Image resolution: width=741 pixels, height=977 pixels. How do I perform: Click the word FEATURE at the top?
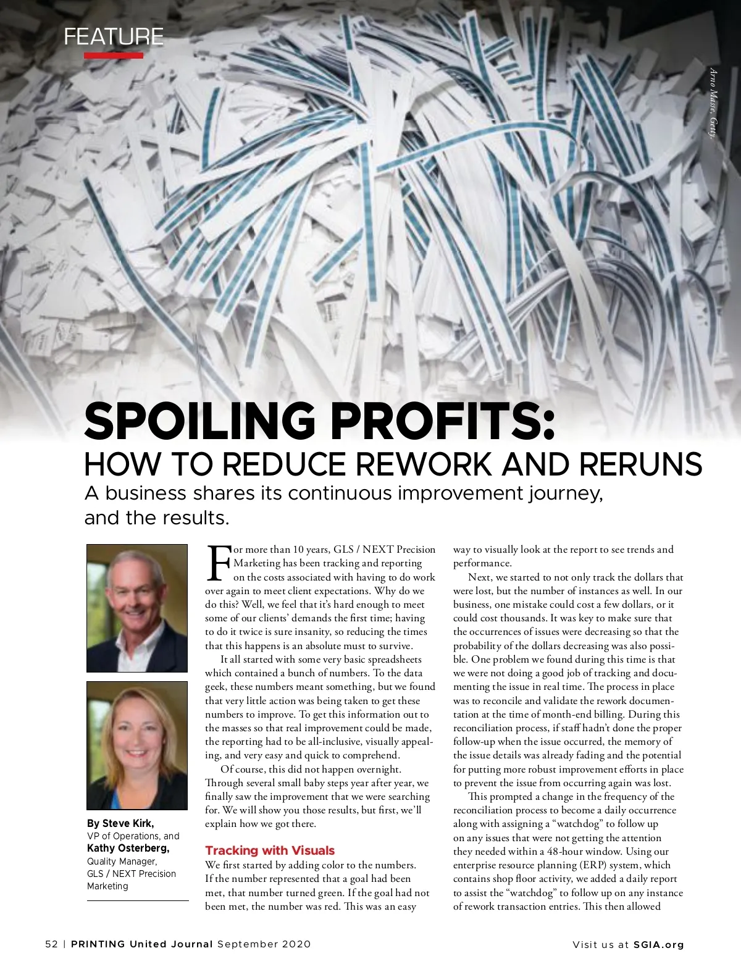pyautogui.click(x=114, y=37)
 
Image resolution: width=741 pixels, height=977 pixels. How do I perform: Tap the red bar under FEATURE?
pyautogui.click(x=114, y=56)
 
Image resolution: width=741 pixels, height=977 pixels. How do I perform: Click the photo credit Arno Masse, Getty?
pyautogui.click(x=713, y=103)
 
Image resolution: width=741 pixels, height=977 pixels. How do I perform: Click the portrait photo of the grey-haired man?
pyautogui.click(x=137, y=608)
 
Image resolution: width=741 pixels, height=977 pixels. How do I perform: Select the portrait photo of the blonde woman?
pyautogui.click(x=137, y=745)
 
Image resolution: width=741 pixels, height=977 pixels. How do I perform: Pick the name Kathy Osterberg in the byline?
pyautogui.click(x=128, y=848)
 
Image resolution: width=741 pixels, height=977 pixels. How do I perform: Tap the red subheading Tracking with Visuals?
pyautogui.click(x=270, y=850)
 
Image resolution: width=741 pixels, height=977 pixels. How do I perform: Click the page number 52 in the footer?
pyautogui.click(x=51, y=944)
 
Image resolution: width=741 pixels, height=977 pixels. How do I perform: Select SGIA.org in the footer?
pyautogui.click(x=659, y=944)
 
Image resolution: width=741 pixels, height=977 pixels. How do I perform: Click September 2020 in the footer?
pyautogui.click(x=264, y=944)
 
